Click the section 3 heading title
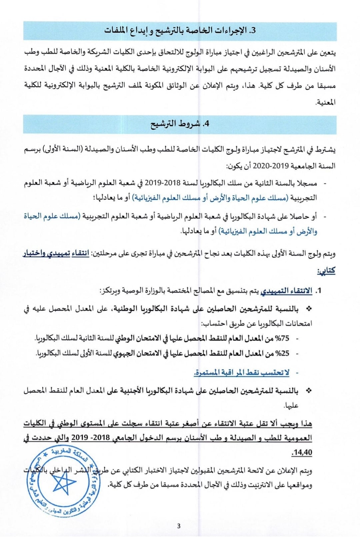[180, 31]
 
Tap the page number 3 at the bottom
[179, 526]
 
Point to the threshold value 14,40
[302, 453]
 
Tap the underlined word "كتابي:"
[326, 271]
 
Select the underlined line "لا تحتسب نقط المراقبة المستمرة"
[242, 373]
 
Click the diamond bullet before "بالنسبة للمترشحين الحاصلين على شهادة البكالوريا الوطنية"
[309, 309]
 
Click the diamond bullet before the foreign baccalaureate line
[309, 390]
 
